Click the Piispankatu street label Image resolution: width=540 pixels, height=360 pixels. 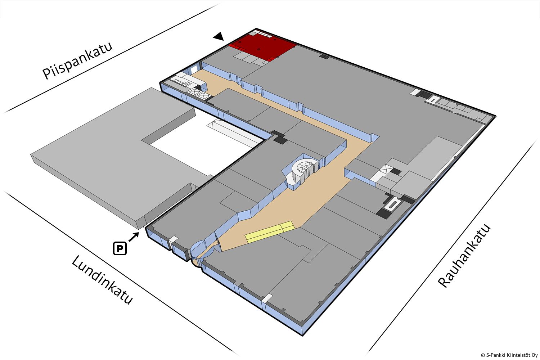tap(77, 61)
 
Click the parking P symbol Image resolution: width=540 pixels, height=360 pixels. tap(120, 248)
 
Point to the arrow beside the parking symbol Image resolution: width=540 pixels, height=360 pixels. tap(134, 237)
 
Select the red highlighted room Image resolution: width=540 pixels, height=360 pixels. tap(263, 47)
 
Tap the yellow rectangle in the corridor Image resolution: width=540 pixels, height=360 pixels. tap(270, 232)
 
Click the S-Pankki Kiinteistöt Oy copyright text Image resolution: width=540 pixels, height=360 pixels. tap(509, 355)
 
